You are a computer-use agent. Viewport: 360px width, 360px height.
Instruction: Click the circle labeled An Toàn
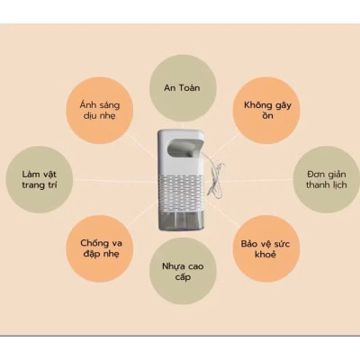pyautogui.click(x=183, y=88)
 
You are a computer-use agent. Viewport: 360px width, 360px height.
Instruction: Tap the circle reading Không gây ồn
pyautogui.click(x=266, y=110)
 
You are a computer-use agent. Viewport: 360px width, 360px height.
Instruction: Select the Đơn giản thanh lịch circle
pyautogui.click(x=327, y=180)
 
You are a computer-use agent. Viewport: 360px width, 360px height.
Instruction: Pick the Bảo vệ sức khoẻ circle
pyautogui.click(x=266, y=248)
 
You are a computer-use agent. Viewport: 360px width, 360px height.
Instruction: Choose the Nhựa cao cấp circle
pyautogui.click(x=183, y=271)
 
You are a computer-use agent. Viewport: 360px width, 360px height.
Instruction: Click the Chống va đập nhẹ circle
pyautogui.click(x=100, y=248)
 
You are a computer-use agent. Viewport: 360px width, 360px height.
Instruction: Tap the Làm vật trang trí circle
pyautogui.click(x=40, y=180)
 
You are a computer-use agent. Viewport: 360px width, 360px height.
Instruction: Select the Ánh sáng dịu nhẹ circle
pyautogui.click(x=100, y=110)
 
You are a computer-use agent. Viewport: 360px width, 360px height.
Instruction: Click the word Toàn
pyautogui.click(x=190, y=88)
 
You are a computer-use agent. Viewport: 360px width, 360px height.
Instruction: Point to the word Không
pyautogui.click(x=256, y=105)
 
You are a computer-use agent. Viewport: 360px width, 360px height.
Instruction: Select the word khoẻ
pyautogui.click(x=265, y=255)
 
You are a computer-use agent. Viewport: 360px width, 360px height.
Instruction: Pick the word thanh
pyautogui.click(x=318, y=184)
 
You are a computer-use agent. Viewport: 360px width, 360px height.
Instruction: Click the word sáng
pyautogui.click(x=108, y=105)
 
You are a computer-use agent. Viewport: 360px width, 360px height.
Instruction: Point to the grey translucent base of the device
pyautogui.click(x=182, y=220)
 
